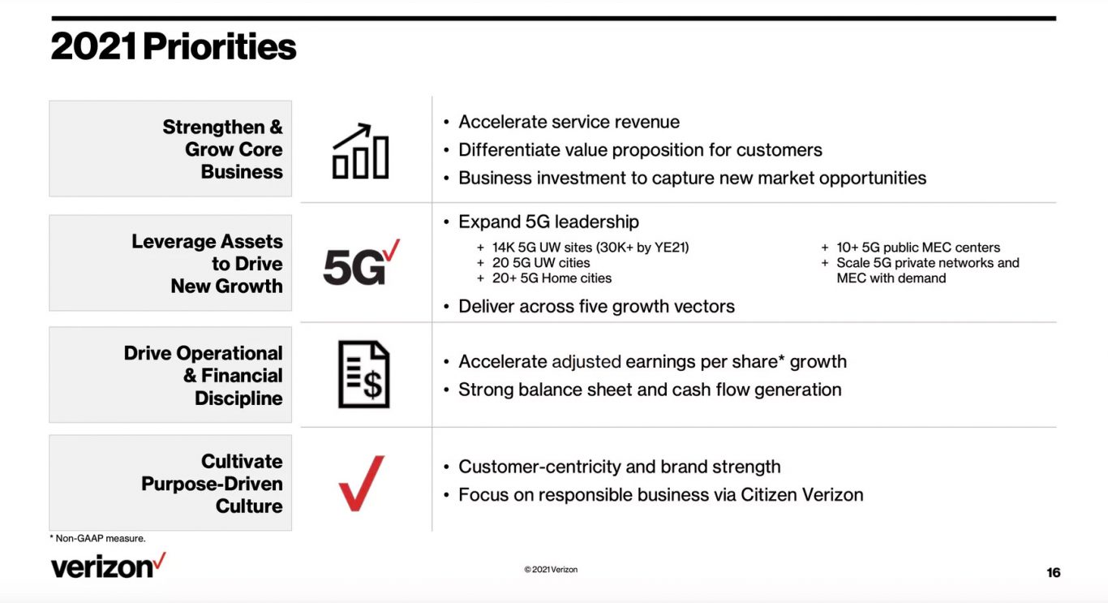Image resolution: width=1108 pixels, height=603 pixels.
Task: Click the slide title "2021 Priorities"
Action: click(174, 46)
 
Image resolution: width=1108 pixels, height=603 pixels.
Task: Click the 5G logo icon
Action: click(362, 262)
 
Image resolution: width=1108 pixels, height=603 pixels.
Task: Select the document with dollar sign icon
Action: click(363, 374)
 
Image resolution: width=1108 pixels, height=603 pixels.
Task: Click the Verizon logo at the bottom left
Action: click(109, 566)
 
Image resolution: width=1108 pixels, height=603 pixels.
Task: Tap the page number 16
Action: click(1053, 573)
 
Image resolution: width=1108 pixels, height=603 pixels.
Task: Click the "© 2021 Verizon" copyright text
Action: click(551, 570)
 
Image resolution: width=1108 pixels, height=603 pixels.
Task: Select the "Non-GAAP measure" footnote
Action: click(97, 538)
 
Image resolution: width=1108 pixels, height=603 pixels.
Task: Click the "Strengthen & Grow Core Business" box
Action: click(170, 149)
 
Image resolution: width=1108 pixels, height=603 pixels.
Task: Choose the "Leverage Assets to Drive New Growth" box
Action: click(170, 263)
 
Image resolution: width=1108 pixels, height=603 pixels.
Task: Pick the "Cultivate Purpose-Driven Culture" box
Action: click(170, 483)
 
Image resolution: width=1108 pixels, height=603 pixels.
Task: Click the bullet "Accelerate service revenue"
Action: click(569, 122)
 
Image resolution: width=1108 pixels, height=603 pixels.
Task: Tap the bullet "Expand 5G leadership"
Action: click(548, 222)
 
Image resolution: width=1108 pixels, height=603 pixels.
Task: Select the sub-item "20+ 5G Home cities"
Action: click(552, 278)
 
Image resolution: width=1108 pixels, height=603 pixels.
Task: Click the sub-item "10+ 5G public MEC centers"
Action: click(918, 248)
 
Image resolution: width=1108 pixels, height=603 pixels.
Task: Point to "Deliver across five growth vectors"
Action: click(596, 307)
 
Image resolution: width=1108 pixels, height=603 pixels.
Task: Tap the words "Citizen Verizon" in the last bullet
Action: click(802, 494)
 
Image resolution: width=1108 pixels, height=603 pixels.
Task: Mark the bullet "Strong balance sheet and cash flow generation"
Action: click(650, 390)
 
